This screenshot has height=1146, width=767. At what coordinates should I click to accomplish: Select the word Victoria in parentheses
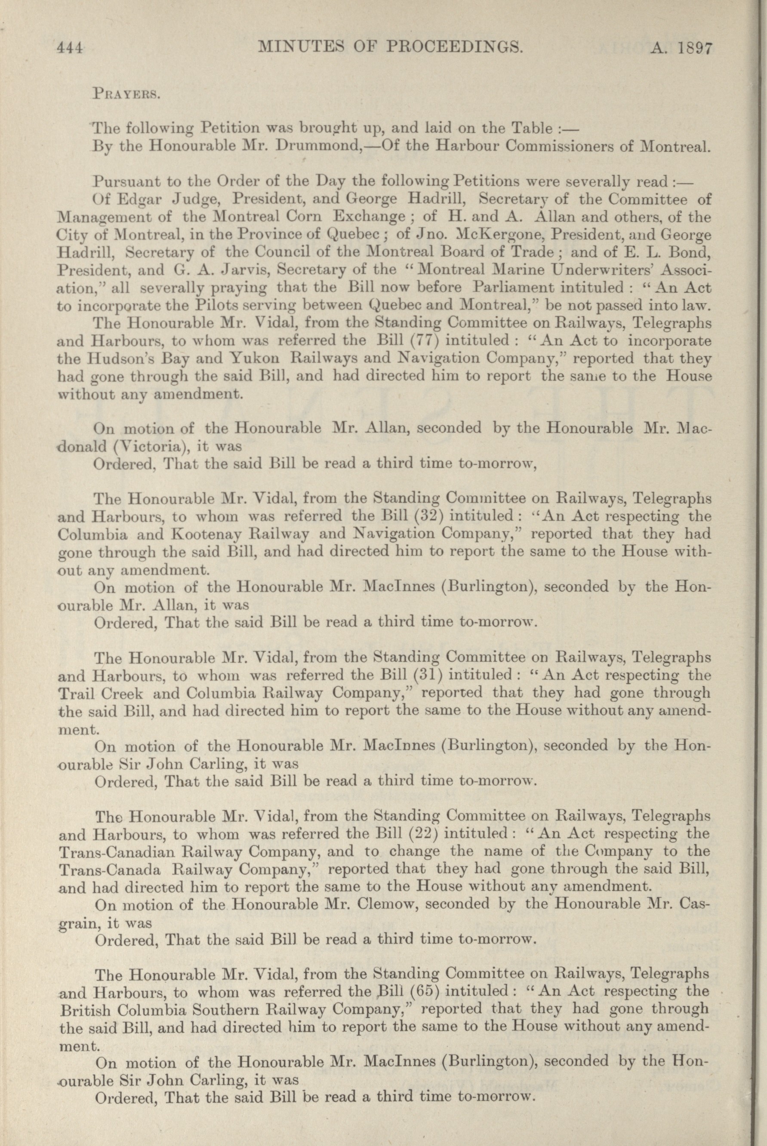point(132,446)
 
